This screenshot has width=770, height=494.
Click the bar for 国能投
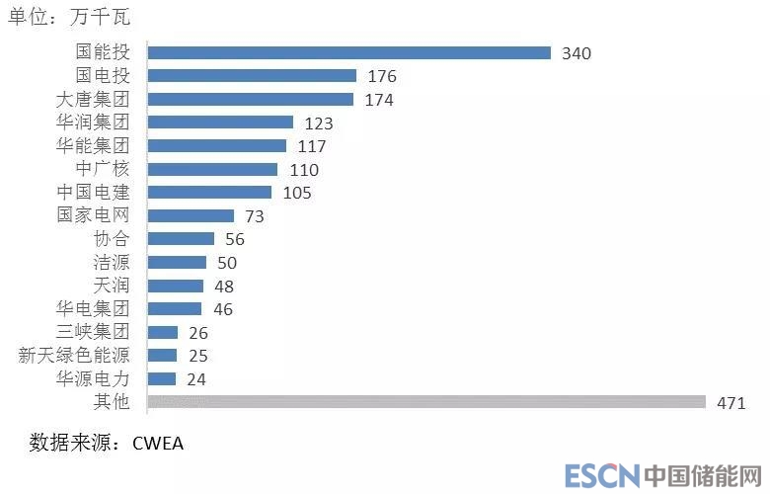click(x=348, y=52)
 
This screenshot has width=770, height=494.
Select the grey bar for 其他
click(x=425, y=401)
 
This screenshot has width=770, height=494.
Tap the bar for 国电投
click(x=251, y=75)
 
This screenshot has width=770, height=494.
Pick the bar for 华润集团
click(x=219, y=123)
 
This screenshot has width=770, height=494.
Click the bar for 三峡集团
click(x=162, y=332)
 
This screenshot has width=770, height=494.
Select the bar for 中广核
click(x=212, y=169)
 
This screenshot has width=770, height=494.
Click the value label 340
click(x=576, y=53)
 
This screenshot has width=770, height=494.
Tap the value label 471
click(x=731, y=402)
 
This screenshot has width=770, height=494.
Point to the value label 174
click(x=378, y=100)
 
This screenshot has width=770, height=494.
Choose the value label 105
click(x=296, y=193)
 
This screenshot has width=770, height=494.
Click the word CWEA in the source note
click(x=158, y=443)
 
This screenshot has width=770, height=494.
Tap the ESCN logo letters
click(x=602, y=476)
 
